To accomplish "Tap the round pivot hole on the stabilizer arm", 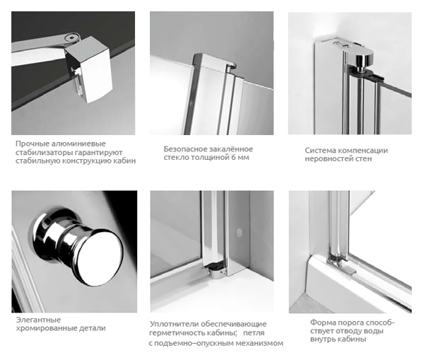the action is [x=71, y=37].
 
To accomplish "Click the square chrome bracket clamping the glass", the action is [x=89, y=70].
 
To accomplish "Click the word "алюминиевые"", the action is [x=76, y=144].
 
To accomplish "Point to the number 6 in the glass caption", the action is [x=233, y=158].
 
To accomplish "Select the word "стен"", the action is [x=364, y=159].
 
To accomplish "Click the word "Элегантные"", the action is [x=38, y=320].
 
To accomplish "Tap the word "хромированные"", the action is [x=47, y=329].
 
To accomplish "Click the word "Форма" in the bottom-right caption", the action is [x=322, y=323].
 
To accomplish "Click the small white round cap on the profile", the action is [x=239, y=232].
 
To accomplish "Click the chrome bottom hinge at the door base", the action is [x=216, y=272].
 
